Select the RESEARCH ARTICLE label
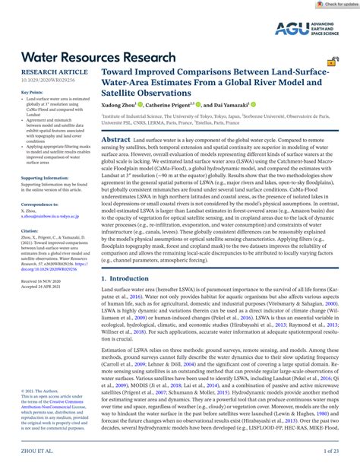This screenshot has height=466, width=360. (x=46, y=71)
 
